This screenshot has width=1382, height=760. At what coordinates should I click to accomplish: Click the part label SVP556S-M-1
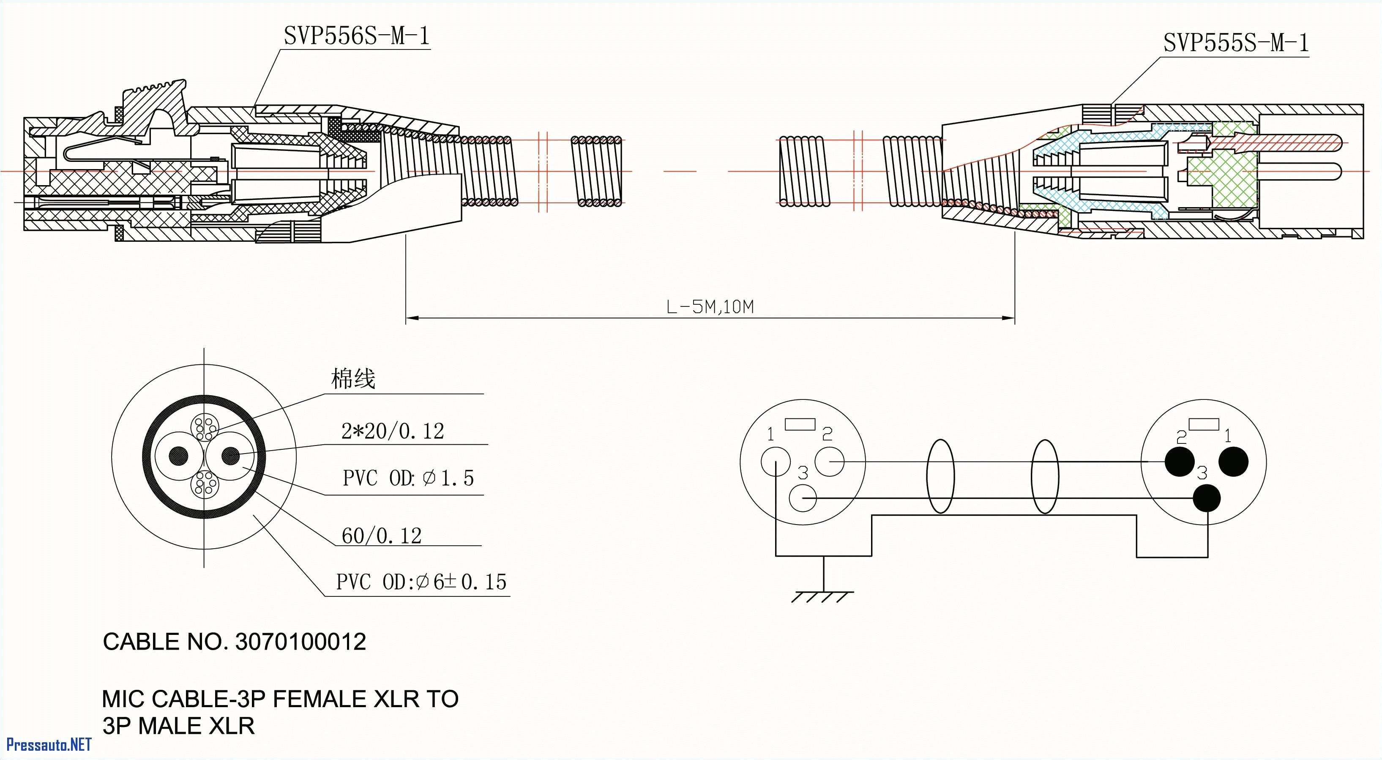(x=356, y=36)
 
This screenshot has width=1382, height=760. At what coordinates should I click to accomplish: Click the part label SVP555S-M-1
(x=1235, y=43)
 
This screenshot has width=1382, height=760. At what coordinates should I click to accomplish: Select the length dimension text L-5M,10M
(x=710, y=306)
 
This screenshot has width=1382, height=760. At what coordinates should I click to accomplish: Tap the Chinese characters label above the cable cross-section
(x=352, y=379)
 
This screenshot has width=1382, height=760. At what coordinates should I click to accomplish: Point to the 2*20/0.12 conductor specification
(x=392, y=431)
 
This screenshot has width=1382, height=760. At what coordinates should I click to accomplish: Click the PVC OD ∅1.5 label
(x=408, y=478)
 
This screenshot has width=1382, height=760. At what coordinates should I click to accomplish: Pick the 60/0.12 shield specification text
(x=382, y=536)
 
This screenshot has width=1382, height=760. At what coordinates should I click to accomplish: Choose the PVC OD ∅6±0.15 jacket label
(x=421, y=582)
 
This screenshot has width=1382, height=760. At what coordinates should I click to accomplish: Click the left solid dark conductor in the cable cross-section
(x=179, y=456)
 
